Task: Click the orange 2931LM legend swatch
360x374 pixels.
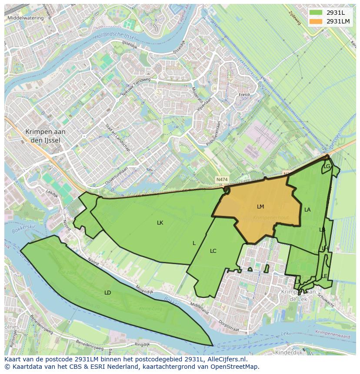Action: tap(316, 21)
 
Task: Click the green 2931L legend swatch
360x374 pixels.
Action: tap(316, 13)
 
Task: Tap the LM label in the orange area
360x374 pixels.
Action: tap(260, 207)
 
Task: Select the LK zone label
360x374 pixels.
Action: tap(160, 223)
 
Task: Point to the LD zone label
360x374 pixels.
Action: tap(108, 293)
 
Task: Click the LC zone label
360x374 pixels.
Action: tap(213, 251)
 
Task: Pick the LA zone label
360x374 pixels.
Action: tap(307, 210)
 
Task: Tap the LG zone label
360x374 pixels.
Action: tap(327, 166)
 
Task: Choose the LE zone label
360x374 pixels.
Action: tap(324, 276)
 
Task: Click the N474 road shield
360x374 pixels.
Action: tap(222, 179)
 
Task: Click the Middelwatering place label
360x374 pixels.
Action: tap(26, 18)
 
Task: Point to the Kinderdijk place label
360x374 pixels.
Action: tap(289, 353)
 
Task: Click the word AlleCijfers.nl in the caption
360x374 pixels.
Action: tap(227, 359)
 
